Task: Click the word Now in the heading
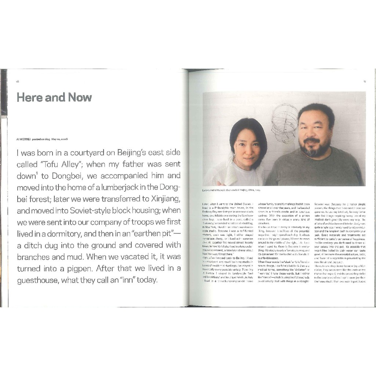coord(79,97)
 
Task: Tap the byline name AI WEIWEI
coord(23,139)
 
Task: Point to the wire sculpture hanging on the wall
coord(285,123)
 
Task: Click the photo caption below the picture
coord(231,190)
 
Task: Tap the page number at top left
coord(17,82)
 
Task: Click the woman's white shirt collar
coord(231,173)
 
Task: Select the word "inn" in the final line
coord(125,281)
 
